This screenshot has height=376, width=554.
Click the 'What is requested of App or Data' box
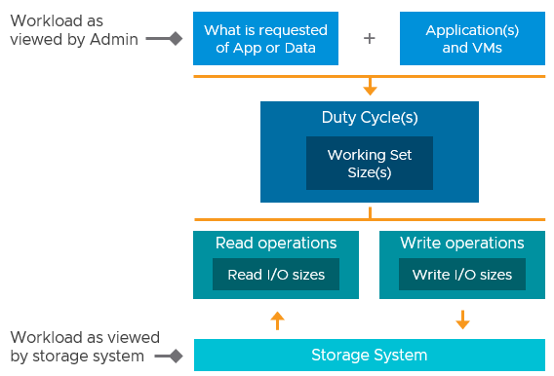[x=265, y=39]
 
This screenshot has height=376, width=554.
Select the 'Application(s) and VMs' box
[x=472, y=39]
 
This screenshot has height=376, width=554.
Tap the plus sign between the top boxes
[x=369, y=39]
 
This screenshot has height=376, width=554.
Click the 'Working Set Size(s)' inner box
[x=370, y=164]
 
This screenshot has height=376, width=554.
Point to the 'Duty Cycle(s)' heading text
[x=370, y=118]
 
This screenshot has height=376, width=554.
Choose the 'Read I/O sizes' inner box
[x=276, y=275]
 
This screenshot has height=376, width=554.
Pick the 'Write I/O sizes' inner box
[x=462, y=275]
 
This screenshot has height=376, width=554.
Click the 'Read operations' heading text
[x=276, y=244]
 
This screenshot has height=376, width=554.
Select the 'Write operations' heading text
[x=462, y=244]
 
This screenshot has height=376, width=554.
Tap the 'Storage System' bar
[x=370, y=355]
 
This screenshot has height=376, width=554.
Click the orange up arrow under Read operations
[x=277, y=320]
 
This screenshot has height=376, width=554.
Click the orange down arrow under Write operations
[x=462, y=320]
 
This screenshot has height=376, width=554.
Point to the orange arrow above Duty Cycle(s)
[x=370, y=88]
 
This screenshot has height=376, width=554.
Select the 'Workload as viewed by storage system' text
[x=78, y=347]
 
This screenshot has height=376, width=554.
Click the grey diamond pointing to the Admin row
[x=177, y=39]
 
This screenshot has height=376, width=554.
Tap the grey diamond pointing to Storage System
[x=177, y=357]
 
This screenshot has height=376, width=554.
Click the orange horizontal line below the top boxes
[x=293, y=76]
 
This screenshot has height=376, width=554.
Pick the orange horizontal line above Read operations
[x=293, y=221]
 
